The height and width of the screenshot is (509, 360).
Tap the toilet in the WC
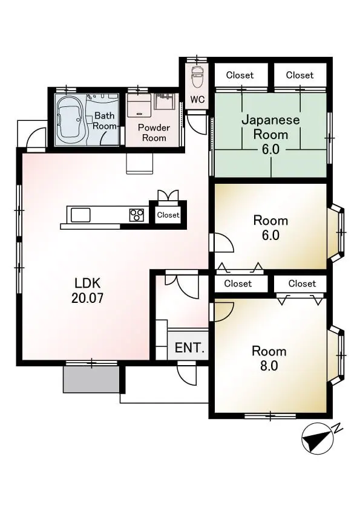coord(197,76)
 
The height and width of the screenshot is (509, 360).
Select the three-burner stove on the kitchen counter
coord(137,215)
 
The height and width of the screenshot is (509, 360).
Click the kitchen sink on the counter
coord(80,215)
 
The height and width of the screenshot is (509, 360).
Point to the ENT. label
coord(190,348)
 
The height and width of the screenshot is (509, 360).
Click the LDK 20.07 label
coord(87,290)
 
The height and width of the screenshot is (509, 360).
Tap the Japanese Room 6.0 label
coord(270,134)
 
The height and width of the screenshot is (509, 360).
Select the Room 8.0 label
coord(269,358)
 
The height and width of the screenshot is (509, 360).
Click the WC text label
coord(197,99)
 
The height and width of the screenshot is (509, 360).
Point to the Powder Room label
coord(154,132)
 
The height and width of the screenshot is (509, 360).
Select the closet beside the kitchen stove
coord(168,215)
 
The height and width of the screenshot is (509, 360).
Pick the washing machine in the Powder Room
coord(139,105)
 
